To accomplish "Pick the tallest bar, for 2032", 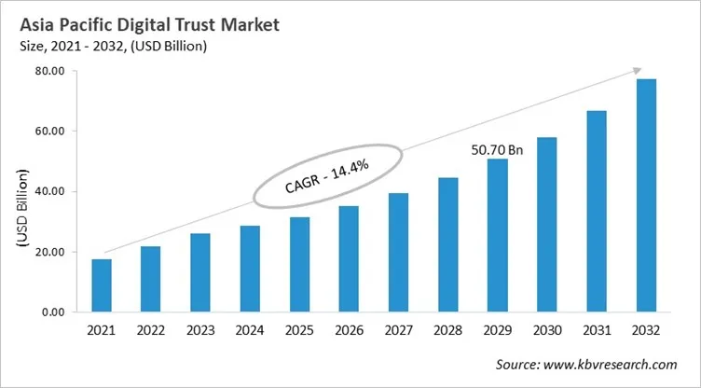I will pyautogui.click(x=646, y=195).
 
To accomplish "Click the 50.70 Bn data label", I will pyautogui.click(x=497, y=148).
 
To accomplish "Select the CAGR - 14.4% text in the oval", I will pyautogui.click(x=326, y=176).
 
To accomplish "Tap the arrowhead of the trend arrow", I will pyautogui.click(x=637, y=70).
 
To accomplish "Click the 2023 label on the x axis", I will pyautogui.click(x=200, y=331).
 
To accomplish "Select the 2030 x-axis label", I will pyautogui.click(x=547, y=331).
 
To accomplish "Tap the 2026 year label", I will pyautogui.click(x=349, y=331).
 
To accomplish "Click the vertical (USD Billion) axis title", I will pyautogui.click(x=21, y=206).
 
